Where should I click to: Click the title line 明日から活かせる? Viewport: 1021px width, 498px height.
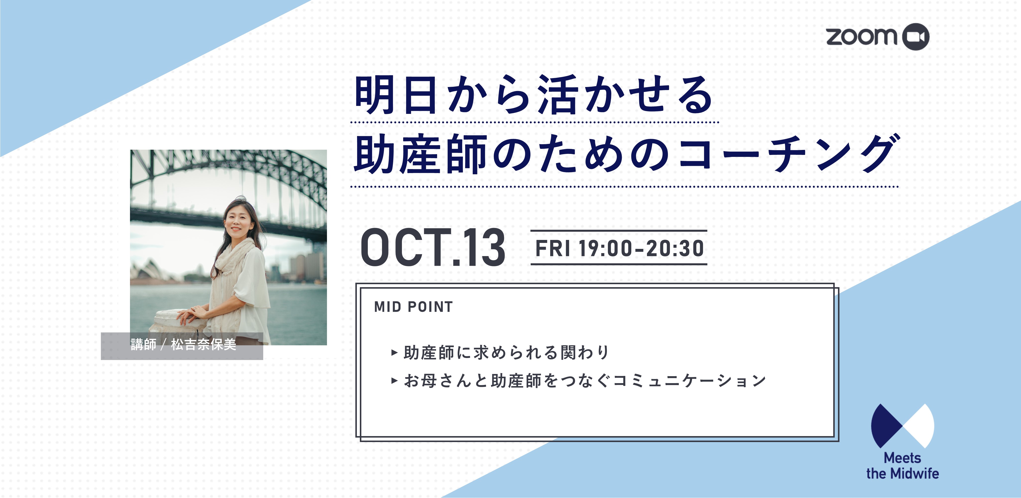tap(533, 95)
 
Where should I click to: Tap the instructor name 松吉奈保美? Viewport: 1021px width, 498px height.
tap(204, 344)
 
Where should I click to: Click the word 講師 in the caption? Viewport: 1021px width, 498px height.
tap(143, 344)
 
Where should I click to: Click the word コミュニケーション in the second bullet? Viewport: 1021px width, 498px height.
tap(689, 381)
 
